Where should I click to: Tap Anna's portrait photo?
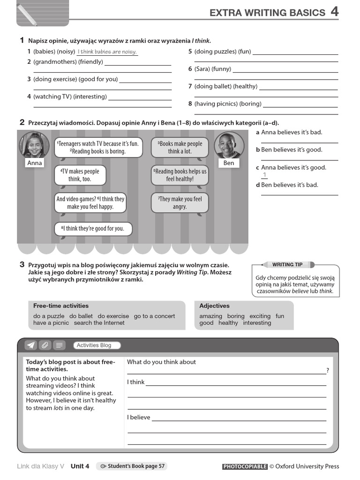34,144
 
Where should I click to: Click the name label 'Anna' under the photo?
35,163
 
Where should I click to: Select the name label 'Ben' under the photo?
229,163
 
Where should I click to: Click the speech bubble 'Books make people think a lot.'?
180,148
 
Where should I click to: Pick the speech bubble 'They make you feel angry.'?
180,203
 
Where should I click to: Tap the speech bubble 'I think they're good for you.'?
93,229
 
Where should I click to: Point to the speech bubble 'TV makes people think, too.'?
79,175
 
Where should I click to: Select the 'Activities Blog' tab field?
97,345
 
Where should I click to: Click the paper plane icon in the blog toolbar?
30,345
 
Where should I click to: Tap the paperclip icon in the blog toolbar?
45,345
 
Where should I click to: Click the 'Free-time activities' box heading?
61,306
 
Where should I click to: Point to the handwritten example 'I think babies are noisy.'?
107,52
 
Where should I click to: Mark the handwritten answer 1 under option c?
264,175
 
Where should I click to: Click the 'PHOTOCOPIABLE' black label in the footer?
245,466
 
